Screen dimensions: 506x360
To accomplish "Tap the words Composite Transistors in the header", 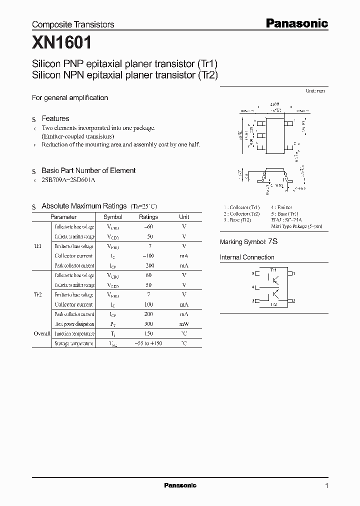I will [73, 24].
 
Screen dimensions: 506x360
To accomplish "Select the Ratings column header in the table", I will [148, 217].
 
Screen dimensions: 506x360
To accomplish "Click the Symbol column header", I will [113, 217].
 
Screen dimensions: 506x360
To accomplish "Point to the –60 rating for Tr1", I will [148, 227].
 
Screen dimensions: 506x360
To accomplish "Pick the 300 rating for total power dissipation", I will [148, 324].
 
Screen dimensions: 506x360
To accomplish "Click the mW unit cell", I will [184, 324].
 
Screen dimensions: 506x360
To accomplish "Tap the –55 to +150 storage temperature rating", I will [148, 343].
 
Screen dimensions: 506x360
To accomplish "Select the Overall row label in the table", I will [42, 333].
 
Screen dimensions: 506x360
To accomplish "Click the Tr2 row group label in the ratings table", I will [37, 295].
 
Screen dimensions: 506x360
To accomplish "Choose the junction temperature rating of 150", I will [148, 333].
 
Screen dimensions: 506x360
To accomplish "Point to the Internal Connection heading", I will [247, 257].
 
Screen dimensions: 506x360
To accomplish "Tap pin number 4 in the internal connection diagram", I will [253, 287].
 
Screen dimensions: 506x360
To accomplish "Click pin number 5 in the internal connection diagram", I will [253, 273].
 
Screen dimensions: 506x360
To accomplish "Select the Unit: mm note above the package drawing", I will [315, 91].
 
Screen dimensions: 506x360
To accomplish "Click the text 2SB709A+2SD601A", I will [68, 180].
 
